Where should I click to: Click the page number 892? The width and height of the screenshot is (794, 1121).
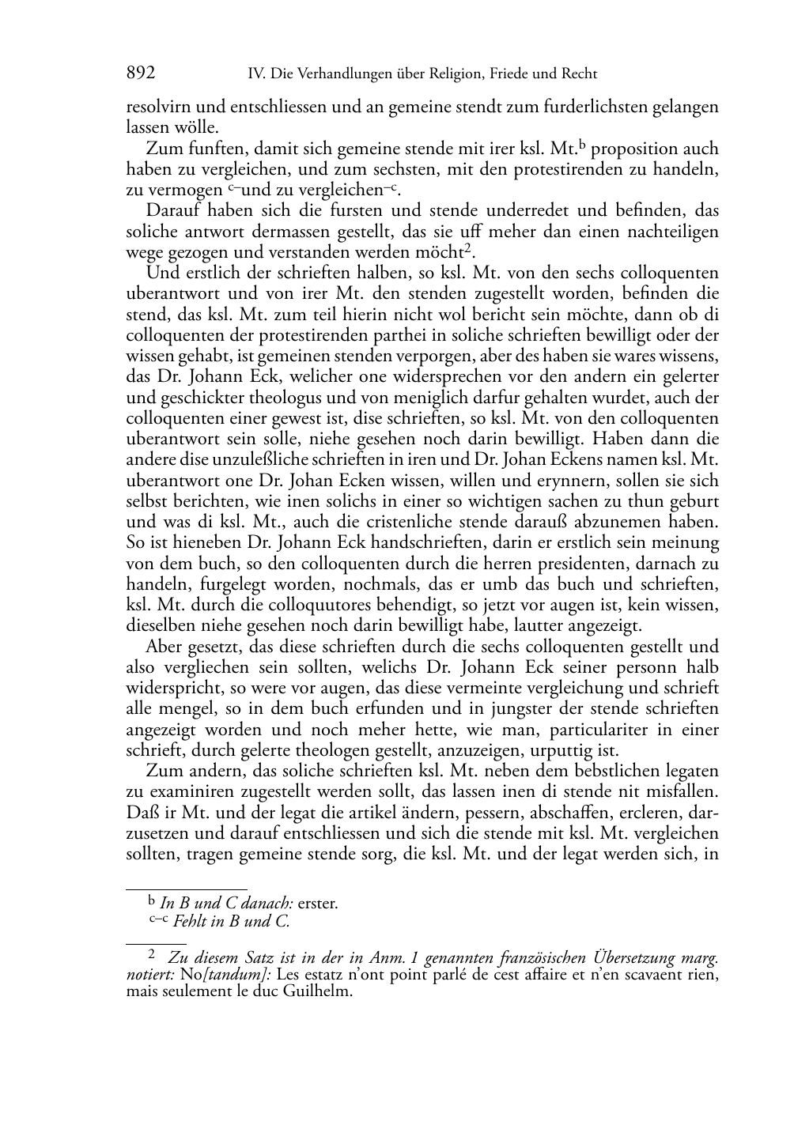pyautogui.click(x=141, y=74)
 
